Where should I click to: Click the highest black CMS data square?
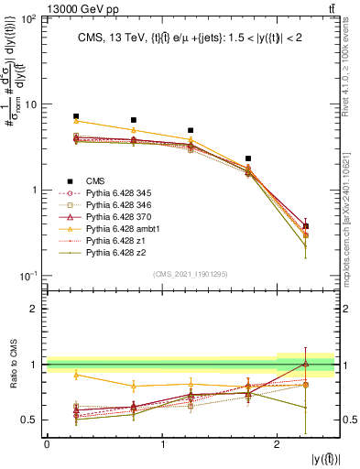[x=76, y=116]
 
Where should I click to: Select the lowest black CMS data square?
[x=306, y=225]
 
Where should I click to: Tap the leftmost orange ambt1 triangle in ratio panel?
[x=76, y=375]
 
